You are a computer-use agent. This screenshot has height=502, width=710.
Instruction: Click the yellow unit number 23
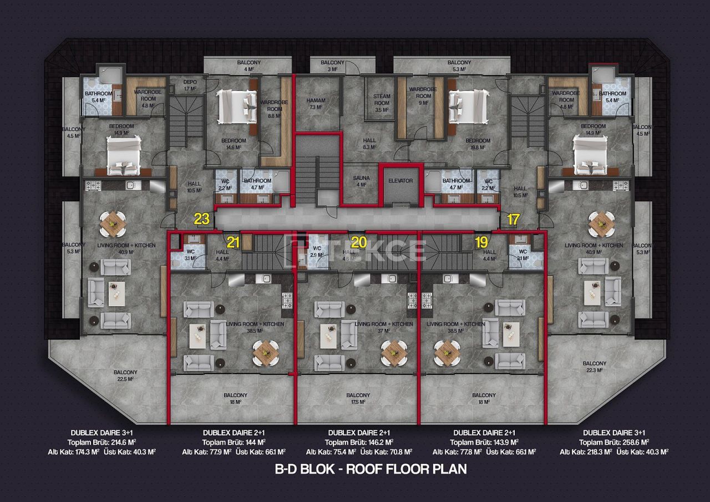[x=201, y=219]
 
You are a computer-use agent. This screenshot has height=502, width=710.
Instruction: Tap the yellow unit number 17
[x=513, y=219]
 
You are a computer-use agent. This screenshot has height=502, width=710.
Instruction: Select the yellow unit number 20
[x=359, y=242]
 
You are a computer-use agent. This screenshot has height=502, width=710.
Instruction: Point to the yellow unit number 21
[x=233, y=242]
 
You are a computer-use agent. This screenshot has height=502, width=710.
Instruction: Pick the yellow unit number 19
[x=481, y=242]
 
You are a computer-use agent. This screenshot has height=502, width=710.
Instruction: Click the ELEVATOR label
[x=400, y=181]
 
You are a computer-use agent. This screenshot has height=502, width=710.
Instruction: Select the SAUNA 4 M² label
[x=361, y=181]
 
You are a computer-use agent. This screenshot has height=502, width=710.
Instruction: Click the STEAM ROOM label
[x=382, y=103]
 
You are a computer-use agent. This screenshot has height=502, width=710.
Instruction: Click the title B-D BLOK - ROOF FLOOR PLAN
[x=371, y=469]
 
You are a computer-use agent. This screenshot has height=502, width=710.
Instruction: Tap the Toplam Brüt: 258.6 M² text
[x=614, y=442]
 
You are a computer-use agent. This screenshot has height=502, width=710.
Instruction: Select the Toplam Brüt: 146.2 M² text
[x=359, y=442]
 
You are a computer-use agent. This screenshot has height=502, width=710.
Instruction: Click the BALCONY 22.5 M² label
[x=125, y=376]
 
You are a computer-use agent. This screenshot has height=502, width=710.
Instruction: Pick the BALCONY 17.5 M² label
[x=358, y=398]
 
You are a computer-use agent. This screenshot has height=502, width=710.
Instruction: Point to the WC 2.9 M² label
[x=317, y=251]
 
